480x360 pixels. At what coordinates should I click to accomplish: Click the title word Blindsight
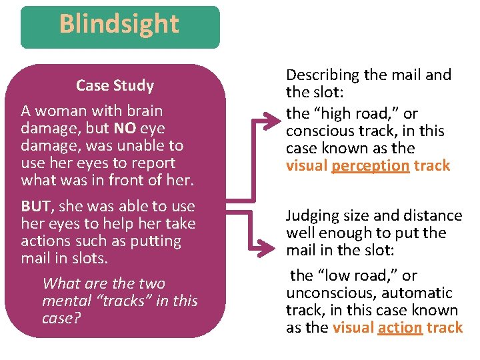[119, 25]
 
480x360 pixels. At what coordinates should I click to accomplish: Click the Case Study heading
[115, 85]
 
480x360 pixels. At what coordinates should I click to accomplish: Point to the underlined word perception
[370, 165]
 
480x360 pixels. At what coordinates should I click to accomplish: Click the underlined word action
[400, 327]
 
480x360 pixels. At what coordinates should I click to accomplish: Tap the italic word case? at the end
[61, 318]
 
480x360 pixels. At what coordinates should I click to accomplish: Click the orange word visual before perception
[307, 165]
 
